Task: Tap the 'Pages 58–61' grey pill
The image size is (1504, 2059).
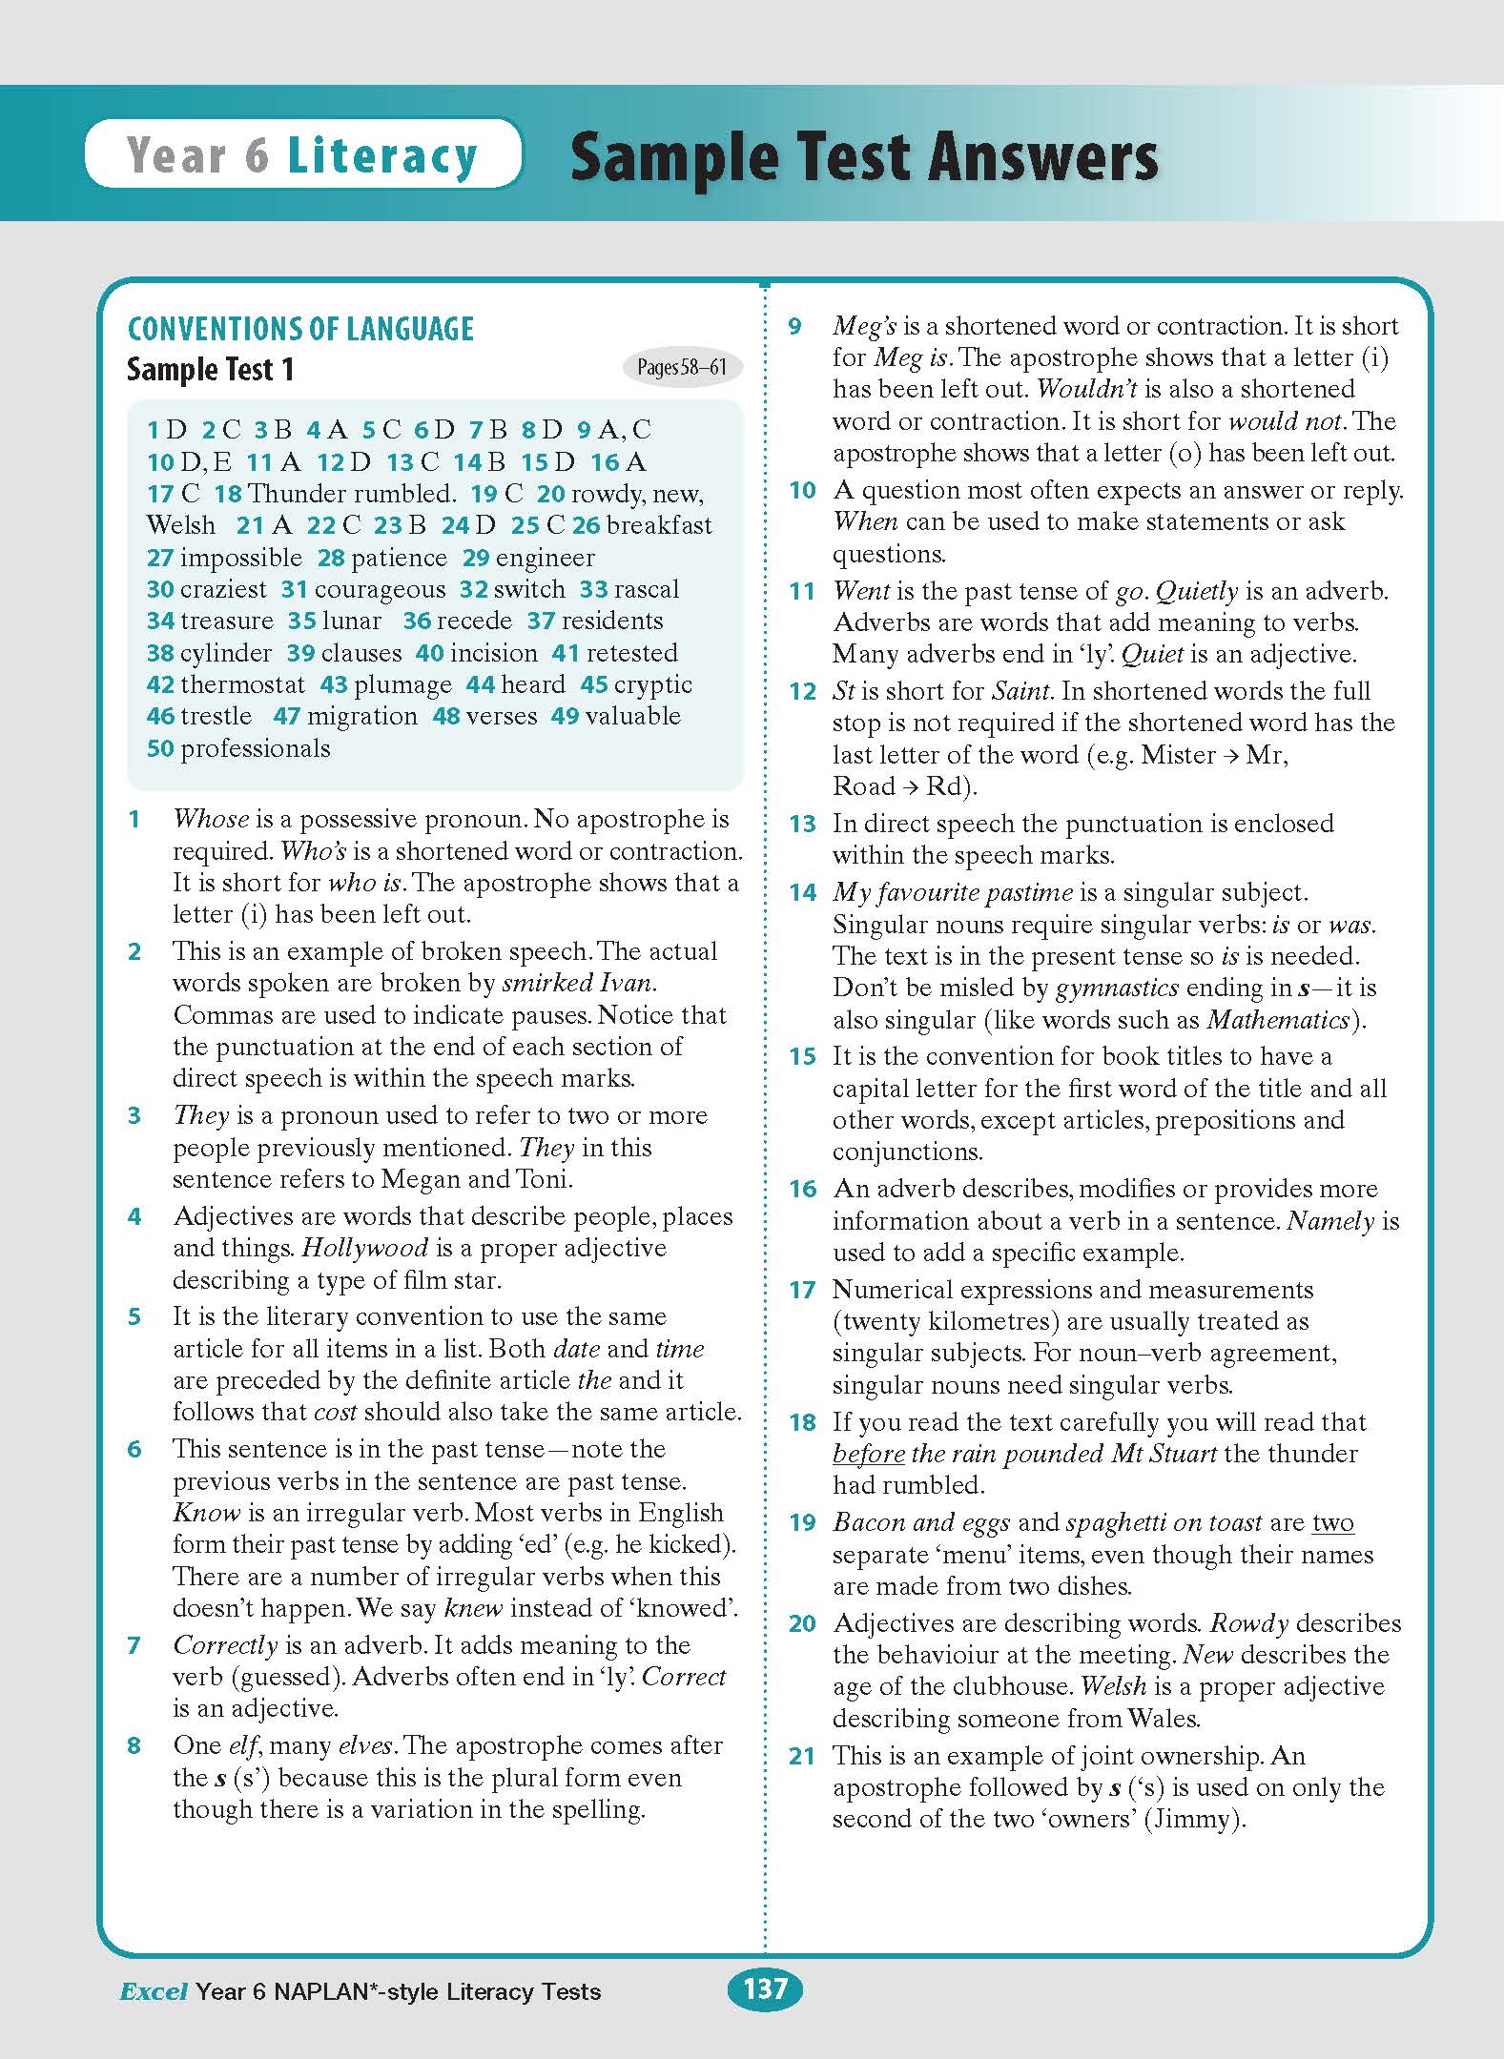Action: coord(681,368)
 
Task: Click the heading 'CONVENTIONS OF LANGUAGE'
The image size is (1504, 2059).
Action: coord(300,330)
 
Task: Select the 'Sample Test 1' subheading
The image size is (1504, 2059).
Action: coord(211,370)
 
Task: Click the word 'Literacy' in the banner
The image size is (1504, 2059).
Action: coord(381,155)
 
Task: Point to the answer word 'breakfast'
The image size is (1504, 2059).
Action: coord(659,525)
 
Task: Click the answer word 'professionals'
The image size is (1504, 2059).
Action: coord(256,748)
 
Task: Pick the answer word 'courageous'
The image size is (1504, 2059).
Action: coord(380,589)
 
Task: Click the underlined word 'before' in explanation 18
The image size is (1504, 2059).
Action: coord(868,1454)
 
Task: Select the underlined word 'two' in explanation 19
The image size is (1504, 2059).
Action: coord(1332,1522)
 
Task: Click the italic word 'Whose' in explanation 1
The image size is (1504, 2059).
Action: coord(211,819)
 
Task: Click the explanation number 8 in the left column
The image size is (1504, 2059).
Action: coord(134,1745)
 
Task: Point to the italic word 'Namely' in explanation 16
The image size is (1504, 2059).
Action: coord(1330,1221)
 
